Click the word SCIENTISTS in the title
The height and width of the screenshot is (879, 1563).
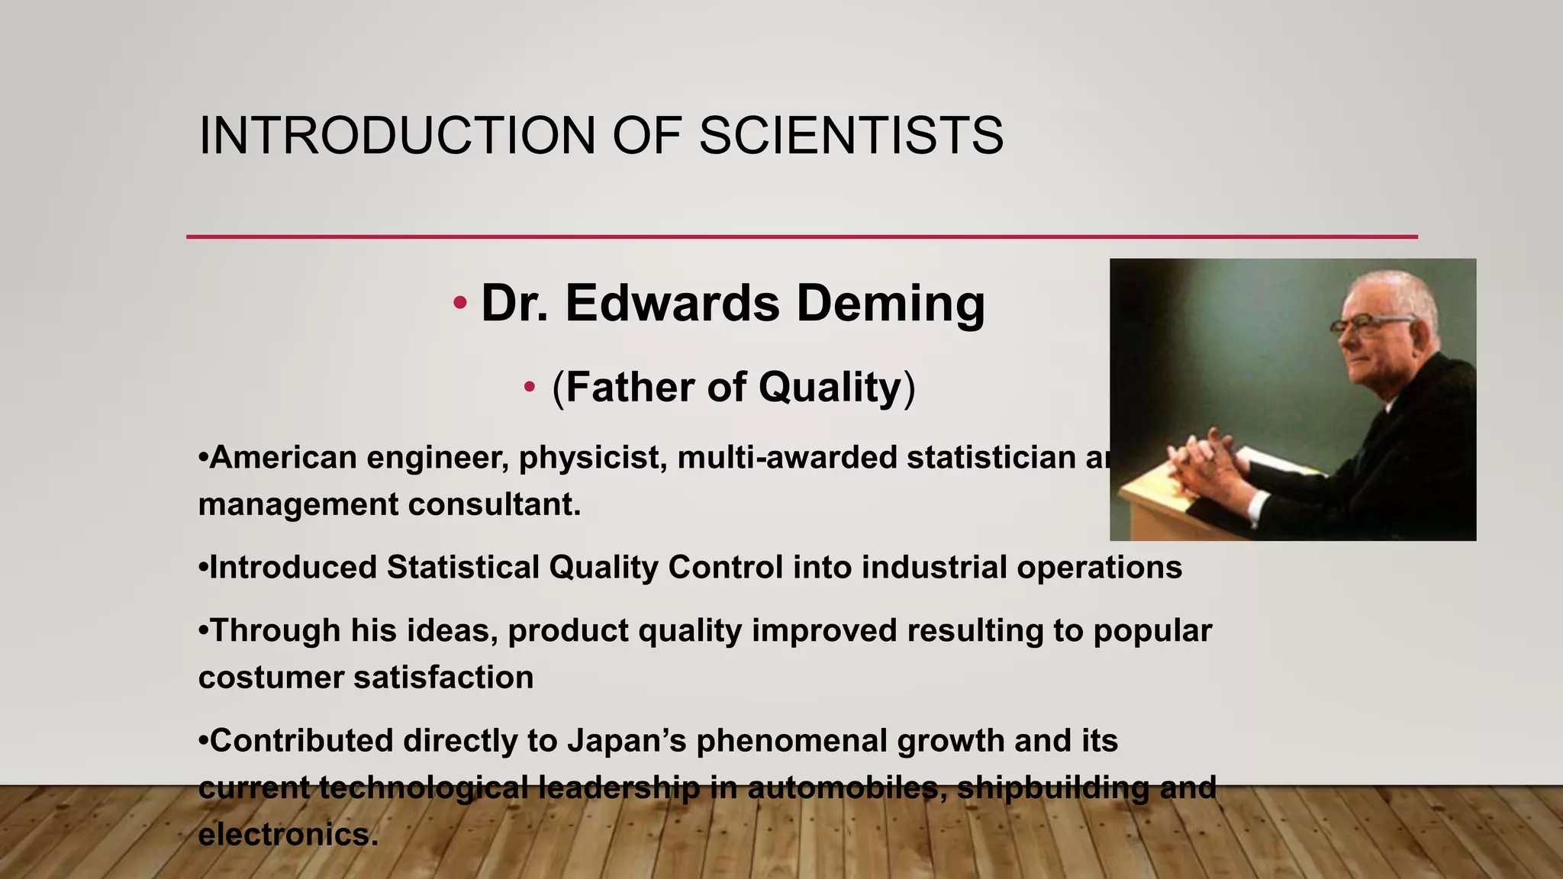851,136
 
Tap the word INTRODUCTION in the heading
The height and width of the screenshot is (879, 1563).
397,136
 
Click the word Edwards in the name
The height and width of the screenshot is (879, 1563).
672,303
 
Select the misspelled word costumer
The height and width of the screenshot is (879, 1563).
270,678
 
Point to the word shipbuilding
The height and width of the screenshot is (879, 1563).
1053,787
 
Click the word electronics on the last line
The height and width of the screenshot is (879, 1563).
288,835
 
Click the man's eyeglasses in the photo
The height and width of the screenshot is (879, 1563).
1371,326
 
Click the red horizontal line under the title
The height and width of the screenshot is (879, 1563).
801,237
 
